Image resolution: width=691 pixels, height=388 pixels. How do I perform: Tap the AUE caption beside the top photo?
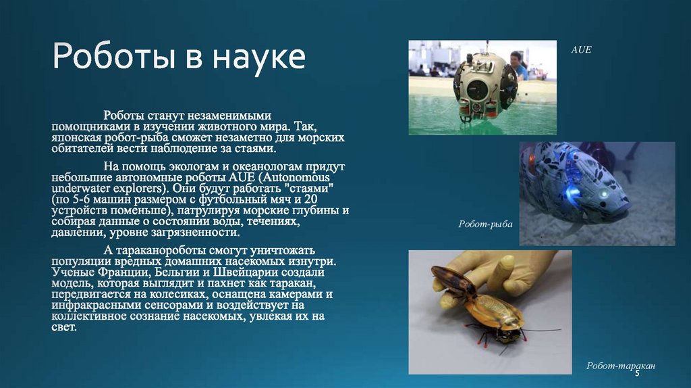click(581, 50)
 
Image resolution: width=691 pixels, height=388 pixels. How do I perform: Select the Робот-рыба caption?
click(485, 223)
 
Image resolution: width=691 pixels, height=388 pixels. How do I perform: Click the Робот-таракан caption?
click(620, 366)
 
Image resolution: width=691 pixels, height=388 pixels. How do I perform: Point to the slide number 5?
click(636, 373)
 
